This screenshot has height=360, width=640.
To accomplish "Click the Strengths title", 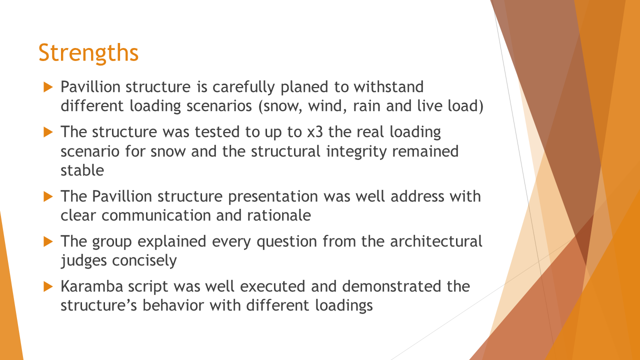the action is (88, 53).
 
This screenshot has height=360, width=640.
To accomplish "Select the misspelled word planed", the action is (304, 87).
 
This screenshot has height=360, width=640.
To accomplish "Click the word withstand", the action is (388, 87).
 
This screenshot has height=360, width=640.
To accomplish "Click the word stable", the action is (82, 170).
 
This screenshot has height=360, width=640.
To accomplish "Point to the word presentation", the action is (273, 197).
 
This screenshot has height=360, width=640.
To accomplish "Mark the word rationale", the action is (279, 215).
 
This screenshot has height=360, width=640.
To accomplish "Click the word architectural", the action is (436, 241).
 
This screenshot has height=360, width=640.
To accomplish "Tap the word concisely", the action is (144, 261).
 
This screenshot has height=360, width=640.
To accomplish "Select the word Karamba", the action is (91, 286).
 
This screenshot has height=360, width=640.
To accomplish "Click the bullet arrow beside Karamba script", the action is (48, 286).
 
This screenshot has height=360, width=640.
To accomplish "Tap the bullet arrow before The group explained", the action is (48, 241).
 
